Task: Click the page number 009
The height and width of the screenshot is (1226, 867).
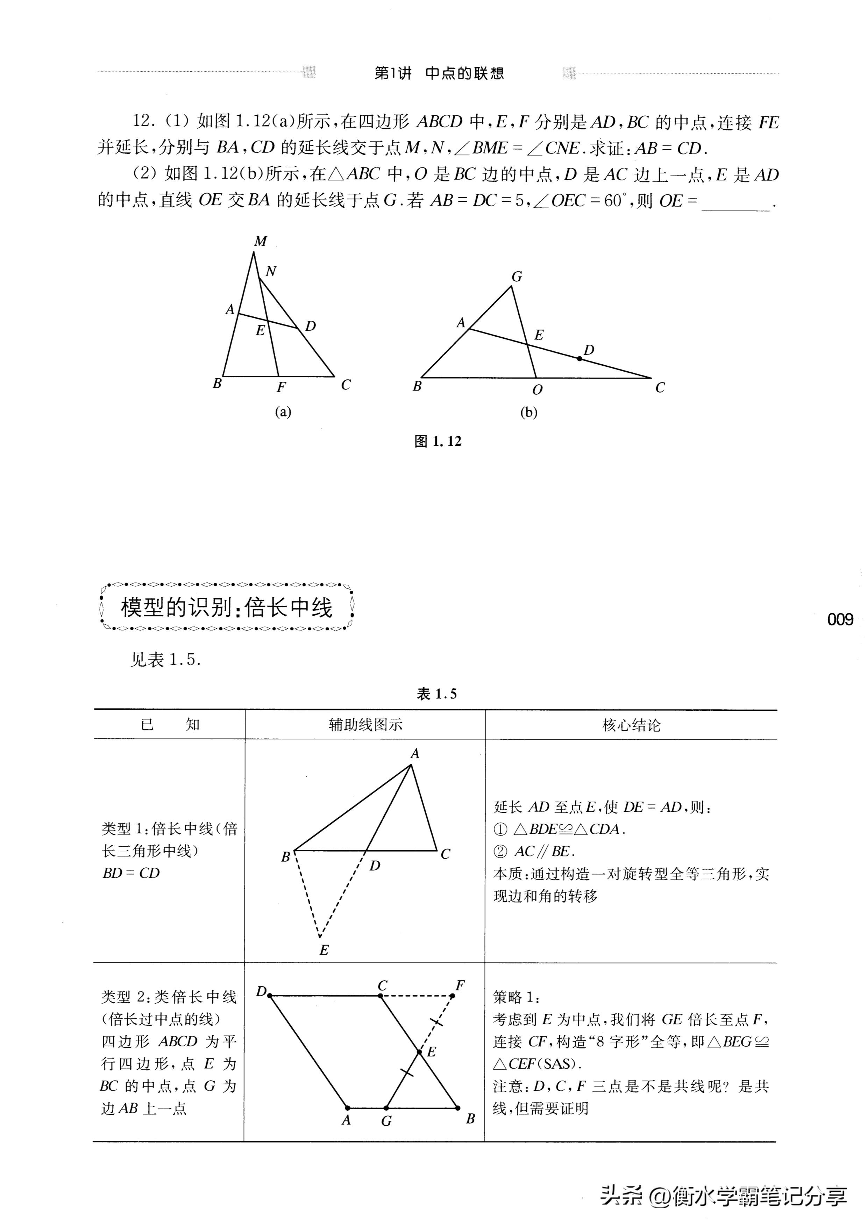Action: coord(840,619)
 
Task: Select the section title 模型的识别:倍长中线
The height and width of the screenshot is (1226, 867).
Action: coord(227,608)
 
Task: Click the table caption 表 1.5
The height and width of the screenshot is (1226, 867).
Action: coord(436,694)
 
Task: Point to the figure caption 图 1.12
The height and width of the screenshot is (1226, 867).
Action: coord(438,441)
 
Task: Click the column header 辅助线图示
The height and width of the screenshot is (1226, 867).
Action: coord(365,725)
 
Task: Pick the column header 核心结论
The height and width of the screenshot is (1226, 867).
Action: coord(631,725)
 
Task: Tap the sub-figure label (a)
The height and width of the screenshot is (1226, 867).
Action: coord(283,412)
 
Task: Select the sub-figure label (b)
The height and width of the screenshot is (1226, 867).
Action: coord(528,412)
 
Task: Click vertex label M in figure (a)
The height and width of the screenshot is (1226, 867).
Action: coord(260,241)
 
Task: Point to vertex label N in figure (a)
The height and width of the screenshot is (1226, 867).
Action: coord(271,272)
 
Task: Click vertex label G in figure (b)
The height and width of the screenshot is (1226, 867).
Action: coord(517,277)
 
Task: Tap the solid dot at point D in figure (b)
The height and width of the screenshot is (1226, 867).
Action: coord(580,358)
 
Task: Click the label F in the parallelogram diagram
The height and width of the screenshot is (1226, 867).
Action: coord(460,985)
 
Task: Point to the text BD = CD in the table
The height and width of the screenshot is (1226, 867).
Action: coord(131,873)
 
